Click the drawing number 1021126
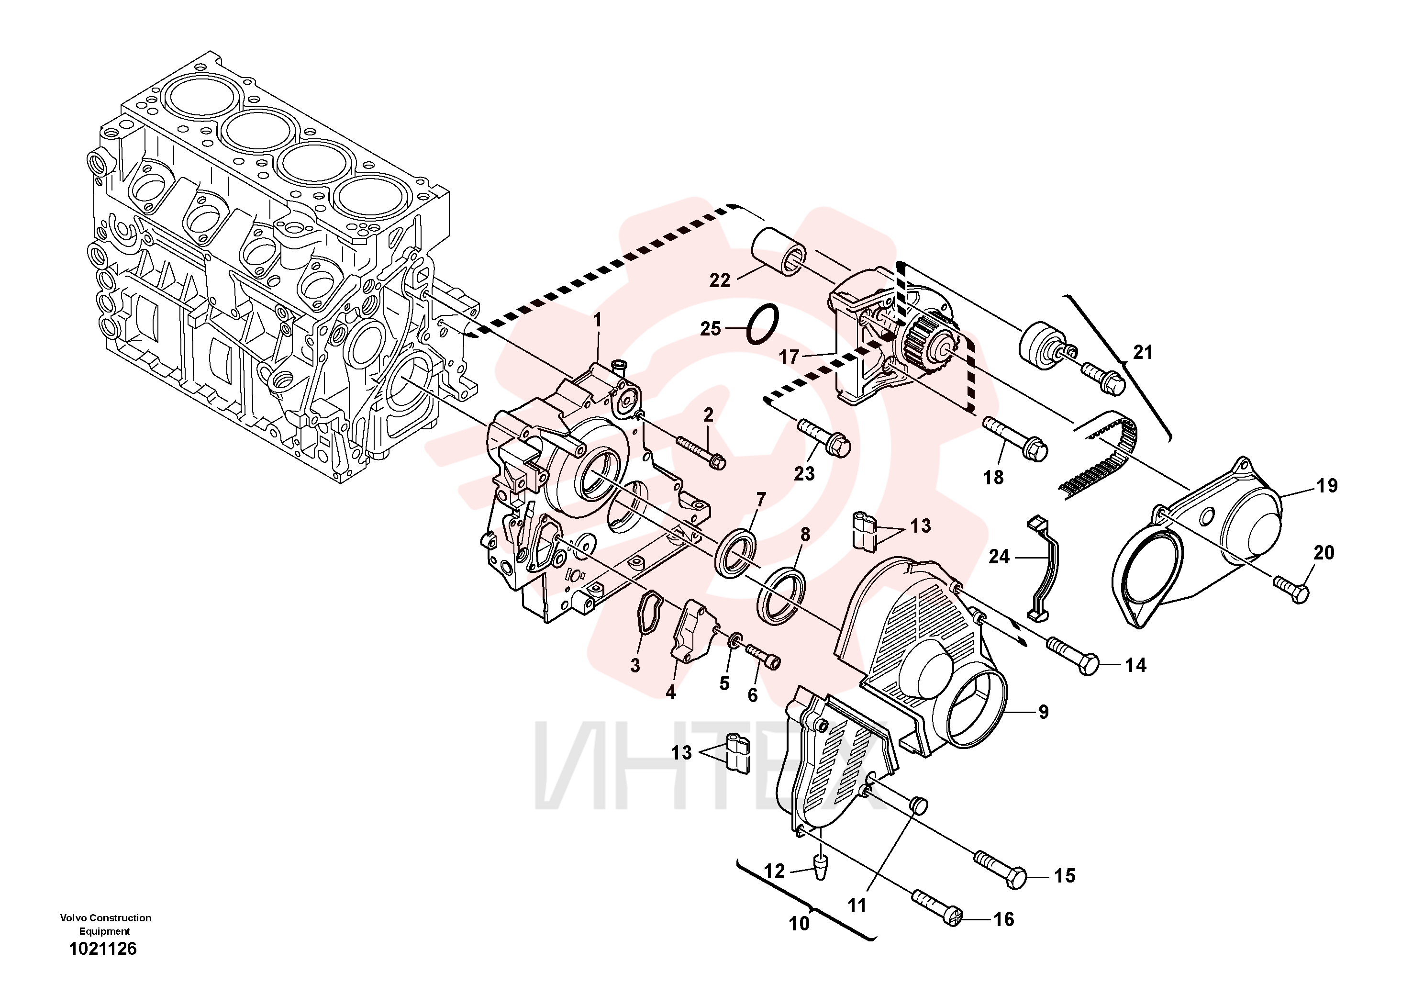coord(103,949)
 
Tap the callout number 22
coord(720,281)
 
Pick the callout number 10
coord(799,924)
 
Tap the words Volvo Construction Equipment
coord(105,924)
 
